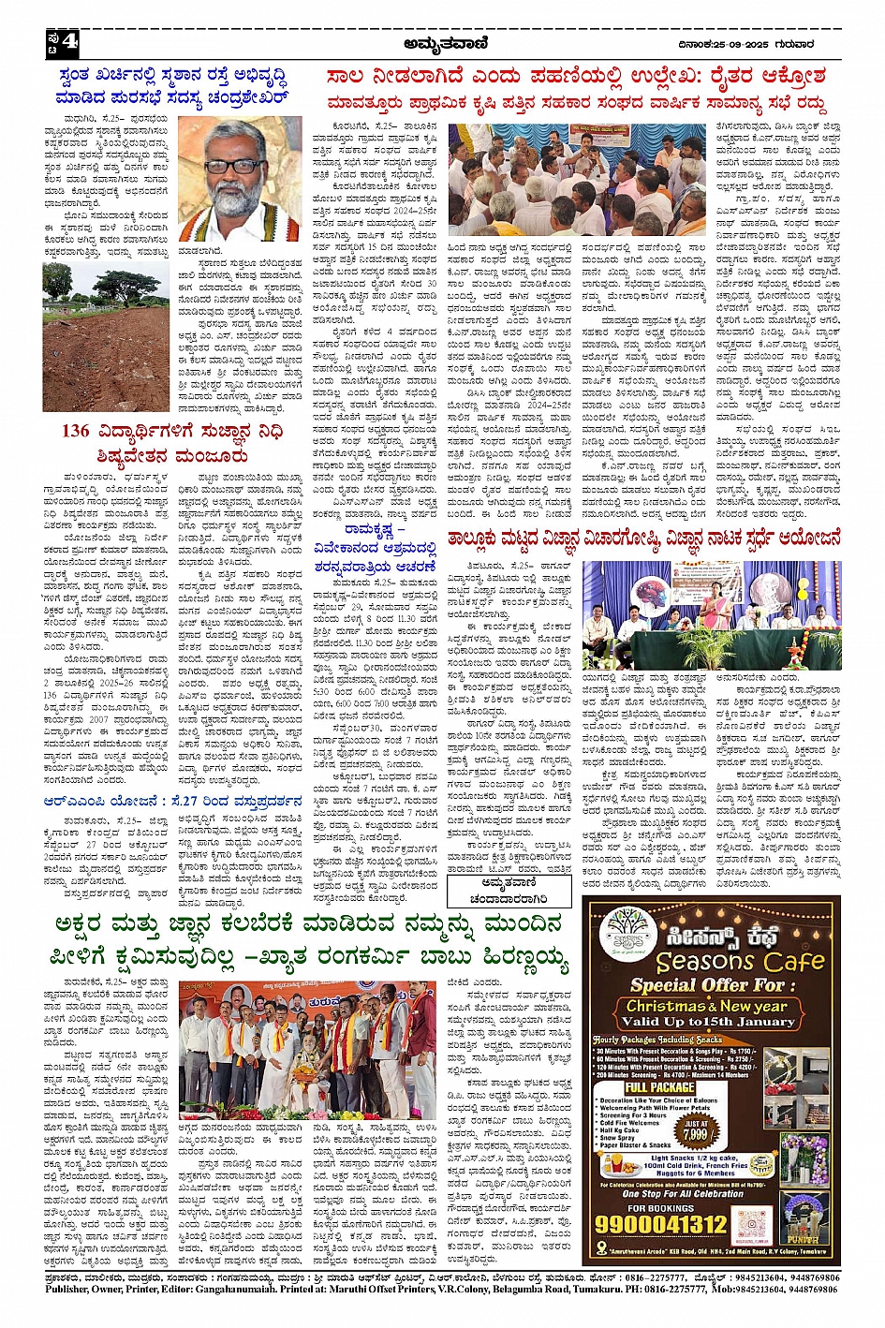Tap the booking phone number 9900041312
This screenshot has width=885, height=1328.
[x=661, y=1224]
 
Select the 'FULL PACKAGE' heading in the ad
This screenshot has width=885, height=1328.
[x=660, y=1087]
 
